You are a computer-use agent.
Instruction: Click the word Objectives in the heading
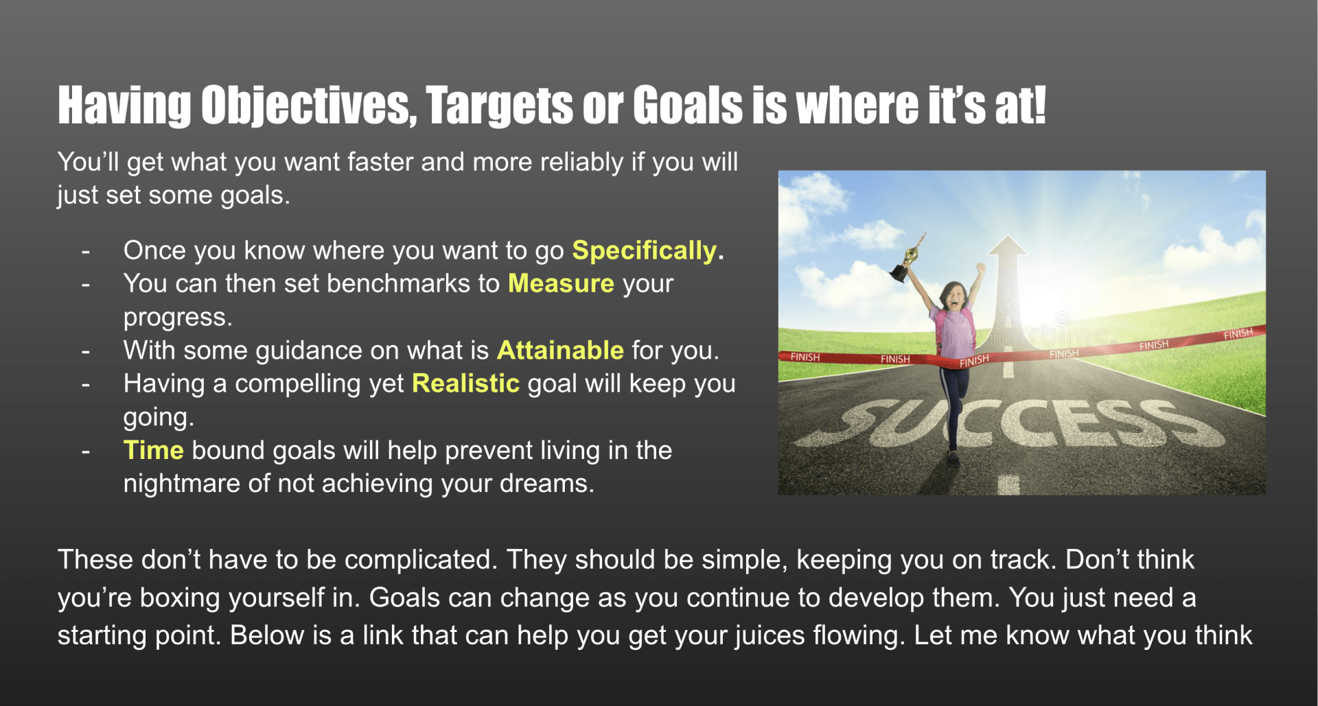coord(309,106)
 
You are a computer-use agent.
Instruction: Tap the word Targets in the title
coord(499,106)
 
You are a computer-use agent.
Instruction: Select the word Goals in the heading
coord(688,106)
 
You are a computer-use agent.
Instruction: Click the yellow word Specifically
coord(645,251)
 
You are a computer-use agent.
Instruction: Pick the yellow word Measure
coord(561,283)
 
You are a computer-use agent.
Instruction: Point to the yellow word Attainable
coord(560,350)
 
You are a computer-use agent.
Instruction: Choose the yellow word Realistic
coord(465,383)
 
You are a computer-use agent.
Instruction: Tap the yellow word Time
coord(153,450)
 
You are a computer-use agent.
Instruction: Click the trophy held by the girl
coord(907,259)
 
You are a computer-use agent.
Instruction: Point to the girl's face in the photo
coord(953,296)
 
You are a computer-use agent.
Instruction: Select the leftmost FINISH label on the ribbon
coord(805,357)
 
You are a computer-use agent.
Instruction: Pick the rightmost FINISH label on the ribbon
coord(1238,334)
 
